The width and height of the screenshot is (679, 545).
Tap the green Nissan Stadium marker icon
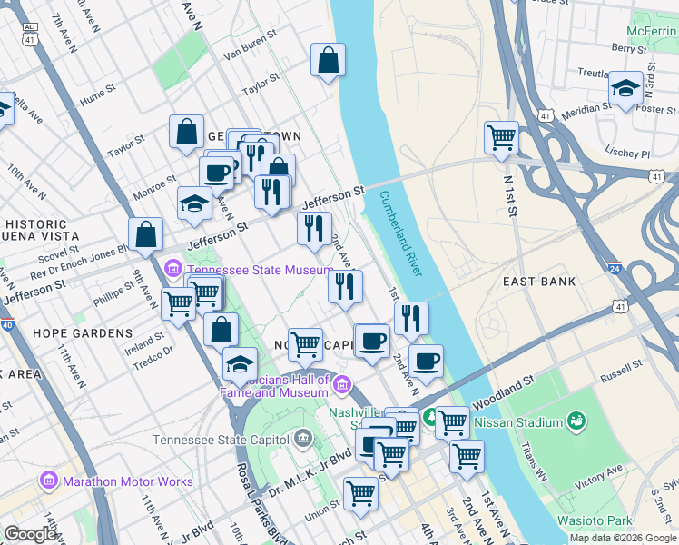tap(576, 421)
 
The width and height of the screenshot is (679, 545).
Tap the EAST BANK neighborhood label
tap(539, 282)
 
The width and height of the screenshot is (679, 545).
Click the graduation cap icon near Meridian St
tap(625, 88)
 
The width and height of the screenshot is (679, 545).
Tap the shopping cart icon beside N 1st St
tap(501, 138)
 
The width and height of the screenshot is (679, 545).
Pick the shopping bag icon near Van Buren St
tap(328, 61)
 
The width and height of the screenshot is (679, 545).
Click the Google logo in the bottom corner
tap(31, 534)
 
